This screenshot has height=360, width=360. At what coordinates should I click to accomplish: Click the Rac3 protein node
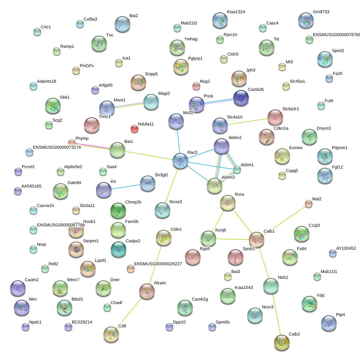pyautogui.click(x=180, y=161)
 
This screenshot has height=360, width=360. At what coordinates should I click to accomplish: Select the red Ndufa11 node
pyautogui.click(x=135, y=129)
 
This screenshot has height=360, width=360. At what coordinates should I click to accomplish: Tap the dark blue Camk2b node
pyautogui.click(x=241, y=98)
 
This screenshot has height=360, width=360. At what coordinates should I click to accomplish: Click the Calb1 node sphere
pyautogui.click(x=257, y=240)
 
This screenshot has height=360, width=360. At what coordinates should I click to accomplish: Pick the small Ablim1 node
pyautogui.click(x=237, y=170)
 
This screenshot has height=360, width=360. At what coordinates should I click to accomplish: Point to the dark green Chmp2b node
pyautogui.click(x=118, y=210)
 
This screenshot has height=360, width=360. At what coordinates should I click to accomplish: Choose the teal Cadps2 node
pyautogui.click(x=119, y=249)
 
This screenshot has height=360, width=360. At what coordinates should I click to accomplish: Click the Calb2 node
pyautogui.click(x=282, y=343)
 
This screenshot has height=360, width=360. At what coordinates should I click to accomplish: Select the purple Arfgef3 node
pyautogui.click(x=95, y=90)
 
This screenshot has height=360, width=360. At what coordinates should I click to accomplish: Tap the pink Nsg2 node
pyautogui.click(x=196, y=86)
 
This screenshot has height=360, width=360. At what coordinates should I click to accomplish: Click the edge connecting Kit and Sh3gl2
pyautogui.click(x=126, y=186)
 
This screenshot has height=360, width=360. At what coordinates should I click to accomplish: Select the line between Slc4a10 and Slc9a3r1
pyautogui.click(x=248, y=122)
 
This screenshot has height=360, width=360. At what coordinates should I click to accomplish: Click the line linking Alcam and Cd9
pyautogui.click(x=130, y=313)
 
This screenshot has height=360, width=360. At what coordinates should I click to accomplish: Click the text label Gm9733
pyautogui.click(x=321, y=12)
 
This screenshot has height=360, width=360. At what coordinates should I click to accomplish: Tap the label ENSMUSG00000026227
pyautogui.click(x=158, y=264)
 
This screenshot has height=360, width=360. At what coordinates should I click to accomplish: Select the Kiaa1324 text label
pyautogui.click(x=236, y=12)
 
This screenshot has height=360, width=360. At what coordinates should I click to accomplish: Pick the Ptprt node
pyautogui.click(x=329, y=323)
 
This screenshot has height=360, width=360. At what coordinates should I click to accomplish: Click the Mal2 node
pyautogui.click(x=309, y=204)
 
